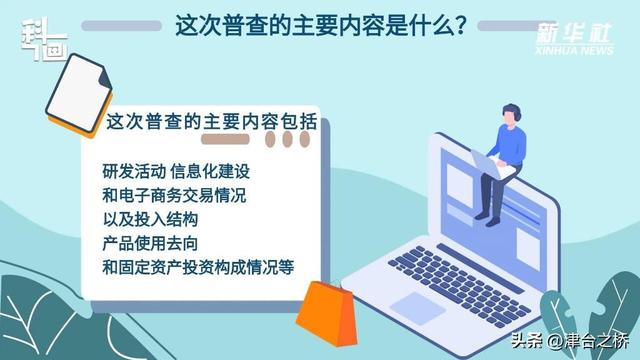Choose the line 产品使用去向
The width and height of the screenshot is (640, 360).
click(x=151, y=244)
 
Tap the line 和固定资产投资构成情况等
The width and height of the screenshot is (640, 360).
click(x=197, y=268)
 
